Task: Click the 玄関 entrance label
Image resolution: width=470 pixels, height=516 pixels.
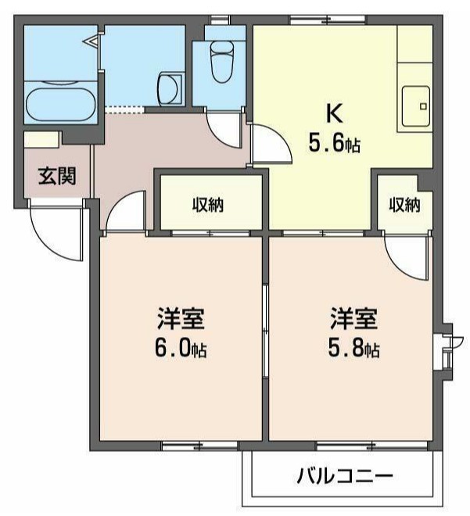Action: tap(57, 176)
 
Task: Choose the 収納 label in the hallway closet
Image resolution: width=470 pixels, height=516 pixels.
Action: tap(209, 206)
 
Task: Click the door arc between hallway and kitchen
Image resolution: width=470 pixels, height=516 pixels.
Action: tap(270, 145)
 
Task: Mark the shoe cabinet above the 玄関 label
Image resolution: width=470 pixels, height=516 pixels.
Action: tap(41, 139)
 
